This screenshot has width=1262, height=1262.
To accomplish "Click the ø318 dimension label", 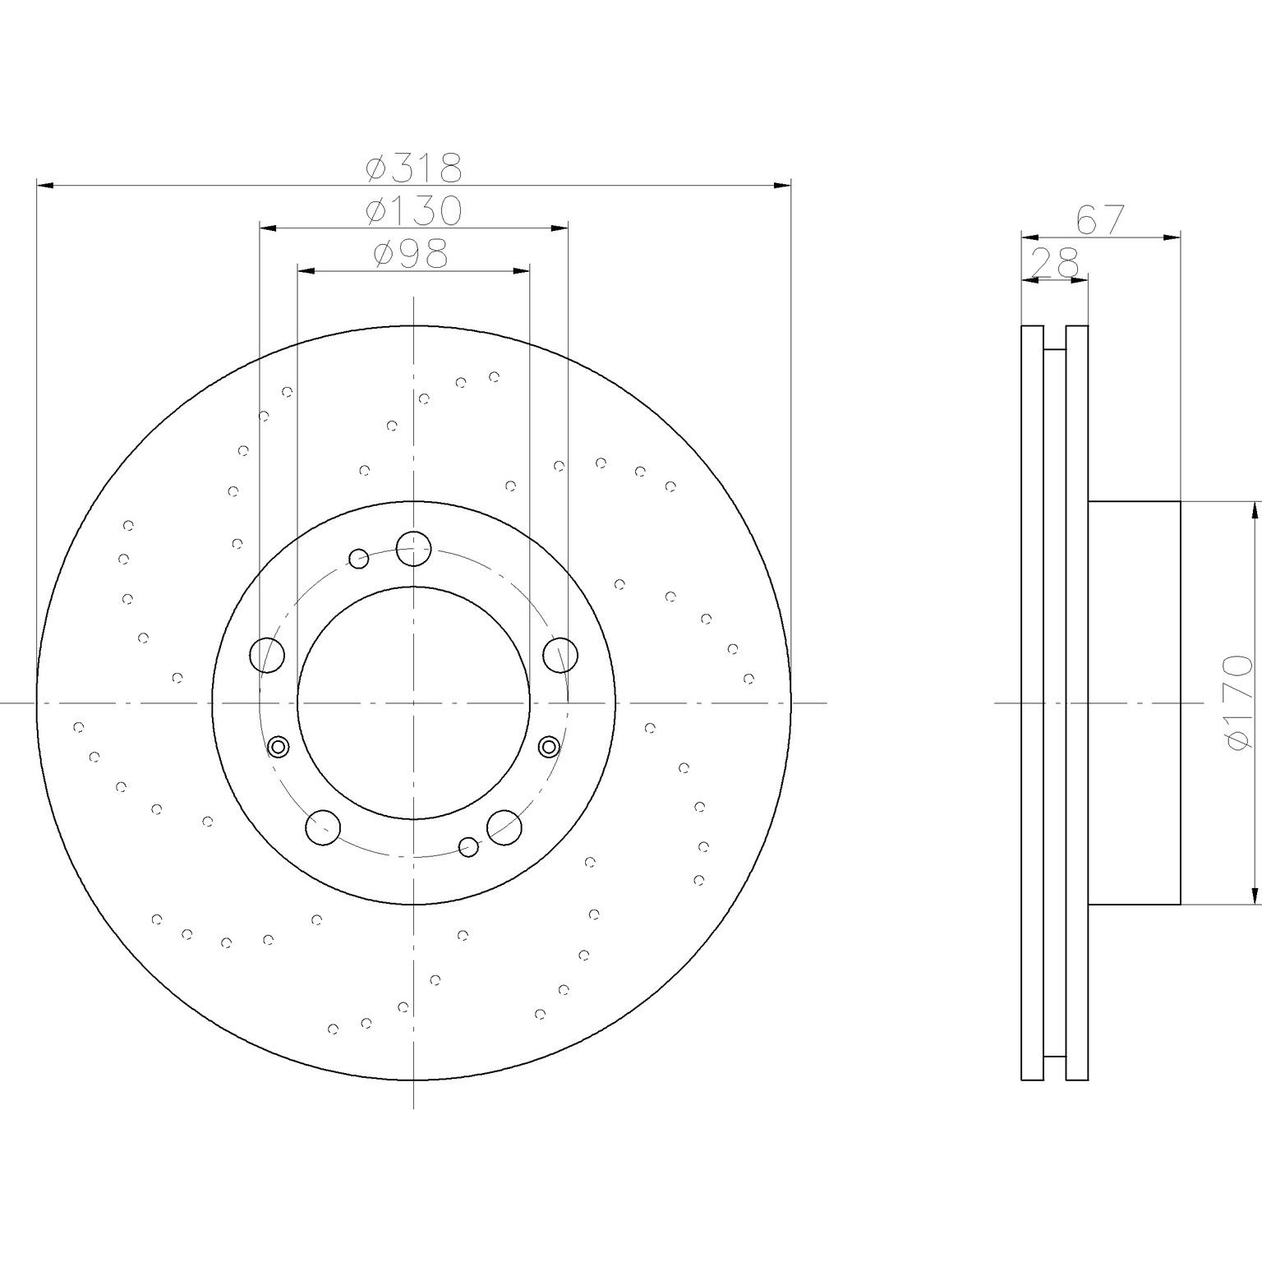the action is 414,168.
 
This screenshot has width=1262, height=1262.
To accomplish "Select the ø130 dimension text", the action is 414,211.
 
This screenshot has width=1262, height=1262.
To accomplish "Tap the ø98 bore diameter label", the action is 410,254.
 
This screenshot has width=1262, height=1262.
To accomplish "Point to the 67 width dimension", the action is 1099,220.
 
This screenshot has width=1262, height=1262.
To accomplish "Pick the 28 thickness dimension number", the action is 1054,263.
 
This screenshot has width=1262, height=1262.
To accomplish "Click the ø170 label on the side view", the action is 1239,702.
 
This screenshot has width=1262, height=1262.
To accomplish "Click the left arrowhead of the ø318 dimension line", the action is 46,187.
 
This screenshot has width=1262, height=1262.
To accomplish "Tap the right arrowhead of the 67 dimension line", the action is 1172,237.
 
